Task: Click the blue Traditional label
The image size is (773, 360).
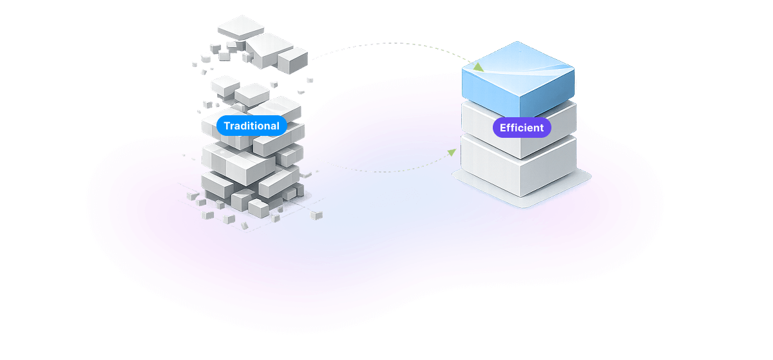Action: [251, 126]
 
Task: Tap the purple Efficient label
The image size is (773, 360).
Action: [522, 128]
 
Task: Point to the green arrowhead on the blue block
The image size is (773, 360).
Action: [477, 66]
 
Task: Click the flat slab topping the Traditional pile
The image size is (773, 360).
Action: [241, 27]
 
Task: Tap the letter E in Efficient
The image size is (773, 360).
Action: [503, 128]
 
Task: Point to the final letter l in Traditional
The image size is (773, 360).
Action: [278, 126]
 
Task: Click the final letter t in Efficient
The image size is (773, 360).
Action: [541, 128]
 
